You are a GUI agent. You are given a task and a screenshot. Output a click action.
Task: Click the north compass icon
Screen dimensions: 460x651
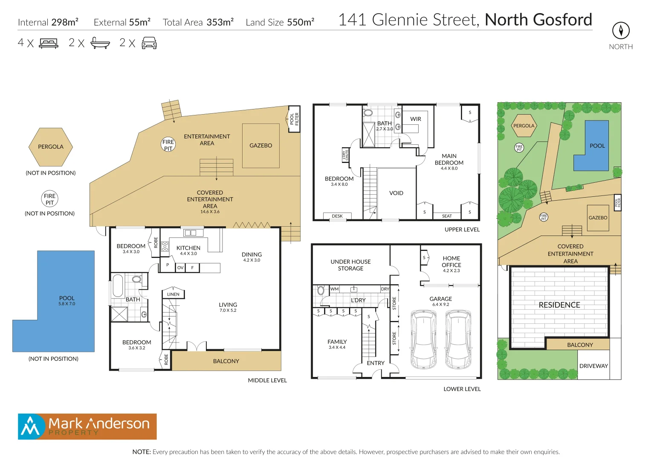621,31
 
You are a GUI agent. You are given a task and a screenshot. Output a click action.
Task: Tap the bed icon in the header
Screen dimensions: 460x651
49,43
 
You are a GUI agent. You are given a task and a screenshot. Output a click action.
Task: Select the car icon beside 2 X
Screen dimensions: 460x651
149,43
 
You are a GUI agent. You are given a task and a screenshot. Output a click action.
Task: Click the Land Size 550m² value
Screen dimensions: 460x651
301,22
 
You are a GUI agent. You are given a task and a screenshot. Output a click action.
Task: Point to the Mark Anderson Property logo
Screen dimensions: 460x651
87,426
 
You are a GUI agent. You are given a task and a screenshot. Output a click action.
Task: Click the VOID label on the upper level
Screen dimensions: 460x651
396,193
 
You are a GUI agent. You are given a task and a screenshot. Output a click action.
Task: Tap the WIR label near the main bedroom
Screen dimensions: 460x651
416,119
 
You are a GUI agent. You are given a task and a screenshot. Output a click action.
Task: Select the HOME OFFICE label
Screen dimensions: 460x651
451,262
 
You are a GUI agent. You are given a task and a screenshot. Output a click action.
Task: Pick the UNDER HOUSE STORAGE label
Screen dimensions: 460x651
350,265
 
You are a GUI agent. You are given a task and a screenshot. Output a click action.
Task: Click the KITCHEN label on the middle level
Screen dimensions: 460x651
188,248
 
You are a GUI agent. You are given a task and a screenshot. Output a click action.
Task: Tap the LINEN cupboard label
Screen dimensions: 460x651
173,294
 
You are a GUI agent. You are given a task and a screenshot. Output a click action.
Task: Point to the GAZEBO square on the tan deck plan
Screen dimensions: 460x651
261,146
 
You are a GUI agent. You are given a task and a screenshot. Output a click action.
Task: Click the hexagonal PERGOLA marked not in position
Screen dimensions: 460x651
51,147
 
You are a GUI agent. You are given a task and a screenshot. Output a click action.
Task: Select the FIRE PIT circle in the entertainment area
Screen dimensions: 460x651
168,145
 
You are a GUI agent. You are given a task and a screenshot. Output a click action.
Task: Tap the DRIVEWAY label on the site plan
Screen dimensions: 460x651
593,366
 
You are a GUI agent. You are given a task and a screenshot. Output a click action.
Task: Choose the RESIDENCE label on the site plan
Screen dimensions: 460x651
559,305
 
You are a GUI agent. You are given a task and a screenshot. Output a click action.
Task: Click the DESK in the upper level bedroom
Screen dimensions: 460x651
337,216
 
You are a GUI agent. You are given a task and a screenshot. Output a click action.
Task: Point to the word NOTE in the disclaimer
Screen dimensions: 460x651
142,452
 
